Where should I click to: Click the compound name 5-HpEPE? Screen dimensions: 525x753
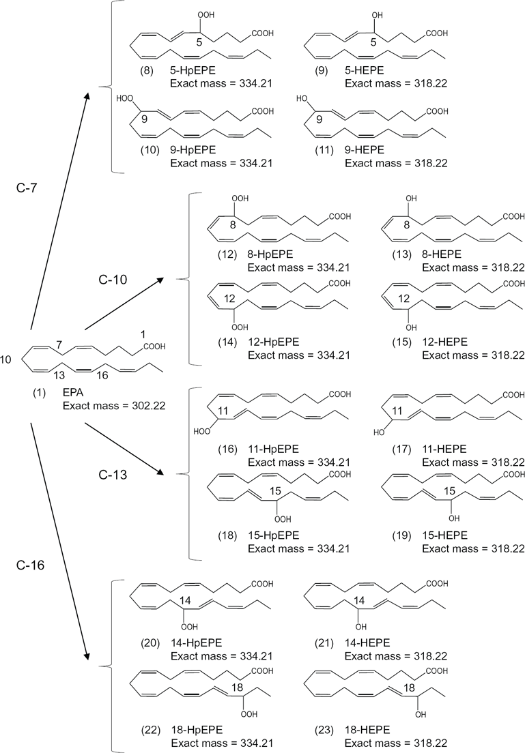(193, 71)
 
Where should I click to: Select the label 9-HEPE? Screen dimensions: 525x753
(365, 150)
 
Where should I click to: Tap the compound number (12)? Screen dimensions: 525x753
(227, 254)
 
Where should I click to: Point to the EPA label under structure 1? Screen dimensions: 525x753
(73, 392)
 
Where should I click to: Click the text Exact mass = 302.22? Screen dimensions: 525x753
(114, 406)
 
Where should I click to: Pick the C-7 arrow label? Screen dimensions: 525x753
(27, 188)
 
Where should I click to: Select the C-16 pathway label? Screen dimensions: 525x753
(30, 565)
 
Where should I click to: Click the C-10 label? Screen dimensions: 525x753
(113, 280)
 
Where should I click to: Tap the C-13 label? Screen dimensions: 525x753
(113, 475)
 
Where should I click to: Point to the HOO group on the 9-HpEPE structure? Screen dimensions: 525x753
(124, 98)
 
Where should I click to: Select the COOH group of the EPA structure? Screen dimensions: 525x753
(154, 346)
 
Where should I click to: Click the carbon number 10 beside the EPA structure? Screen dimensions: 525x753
(5, 359)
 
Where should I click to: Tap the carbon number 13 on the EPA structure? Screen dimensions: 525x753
(59, 375)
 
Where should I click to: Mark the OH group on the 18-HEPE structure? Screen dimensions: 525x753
(421, 715)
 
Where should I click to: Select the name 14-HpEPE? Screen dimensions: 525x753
(196, 643)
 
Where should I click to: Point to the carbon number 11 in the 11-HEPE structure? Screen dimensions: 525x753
(397, 411)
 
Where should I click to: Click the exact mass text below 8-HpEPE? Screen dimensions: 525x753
(298, 267)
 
